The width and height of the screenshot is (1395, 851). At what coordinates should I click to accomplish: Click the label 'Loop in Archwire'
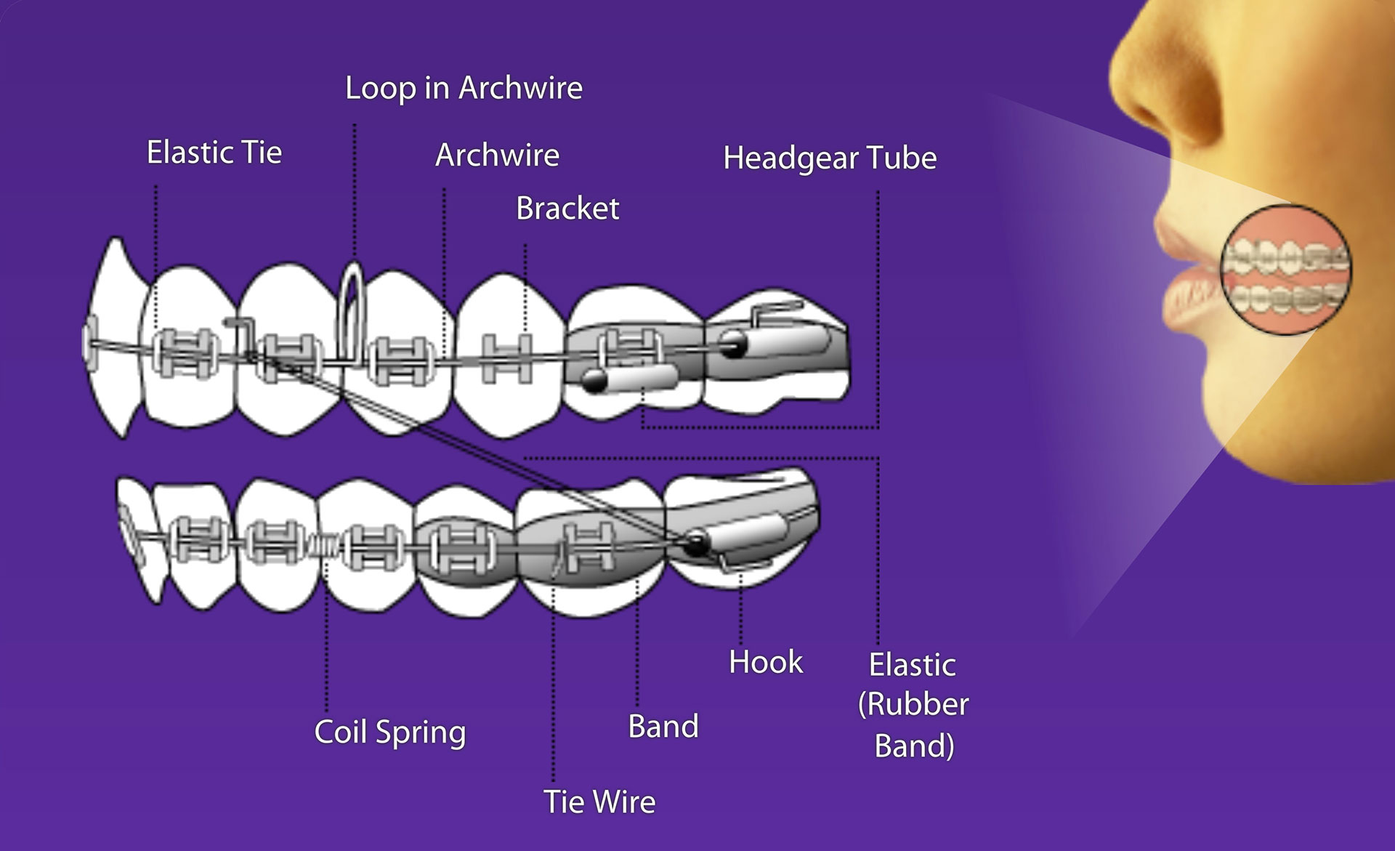(x=464, y=88)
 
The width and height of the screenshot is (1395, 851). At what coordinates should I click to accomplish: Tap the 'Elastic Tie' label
(x=214, y=153)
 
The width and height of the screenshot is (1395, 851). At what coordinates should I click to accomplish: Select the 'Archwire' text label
(x=497, y=155)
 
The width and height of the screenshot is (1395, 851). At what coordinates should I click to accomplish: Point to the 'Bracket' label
(x=567, y=209)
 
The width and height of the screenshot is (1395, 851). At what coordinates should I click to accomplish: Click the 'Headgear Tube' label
(x=830, y=158)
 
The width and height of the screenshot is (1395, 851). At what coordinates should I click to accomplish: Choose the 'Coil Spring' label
(x=389, y=732)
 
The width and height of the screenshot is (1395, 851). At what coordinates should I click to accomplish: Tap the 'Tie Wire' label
(x=599, y=802)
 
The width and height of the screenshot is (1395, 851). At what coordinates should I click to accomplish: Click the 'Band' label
(x=663, y=726)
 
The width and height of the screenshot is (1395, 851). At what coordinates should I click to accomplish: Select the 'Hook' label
(x=766, y=662)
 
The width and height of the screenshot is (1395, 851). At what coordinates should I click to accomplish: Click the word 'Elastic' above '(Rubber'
(x=913, y=665)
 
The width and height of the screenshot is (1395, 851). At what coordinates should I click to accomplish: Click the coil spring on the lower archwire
(x=325, y=544)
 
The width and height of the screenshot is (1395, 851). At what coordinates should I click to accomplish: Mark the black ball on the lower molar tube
(x=698, y=541)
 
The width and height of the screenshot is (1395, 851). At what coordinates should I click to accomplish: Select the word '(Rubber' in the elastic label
(x=913, y=704)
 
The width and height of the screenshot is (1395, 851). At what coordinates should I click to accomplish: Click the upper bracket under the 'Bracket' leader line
(x=507, y=358)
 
